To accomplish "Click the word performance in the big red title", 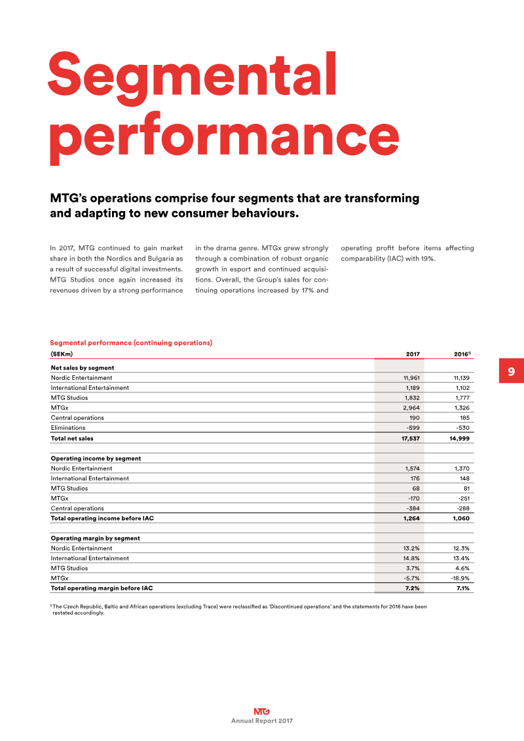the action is tap(224, 137).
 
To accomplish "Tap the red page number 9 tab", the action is tap(512, 371).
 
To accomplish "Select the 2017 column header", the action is tap(413, 354).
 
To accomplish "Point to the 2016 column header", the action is tap(462, 354).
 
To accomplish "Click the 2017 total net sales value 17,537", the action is tap(411, 438).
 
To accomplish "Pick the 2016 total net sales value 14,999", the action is tap(460, 438).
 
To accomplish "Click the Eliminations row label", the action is tap(68, 428).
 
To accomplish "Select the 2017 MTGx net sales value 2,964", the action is tap(411, 408).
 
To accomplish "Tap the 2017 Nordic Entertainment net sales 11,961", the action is tap(411, 378).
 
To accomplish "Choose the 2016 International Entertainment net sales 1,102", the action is tap(462, 388).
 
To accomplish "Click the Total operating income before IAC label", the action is tap(102, 518).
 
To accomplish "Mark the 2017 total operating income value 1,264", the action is tap(411, 518).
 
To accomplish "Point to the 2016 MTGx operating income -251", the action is tap(464, 499).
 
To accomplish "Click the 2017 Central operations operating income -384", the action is tap(413, 508).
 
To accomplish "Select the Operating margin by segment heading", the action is tap(96, 539).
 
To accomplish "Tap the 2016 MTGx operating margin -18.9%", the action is tap(460, 579).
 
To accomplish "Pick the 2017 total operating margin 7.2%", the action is tap(413, 588).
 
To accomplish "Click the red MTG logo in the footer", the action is tap(262, 712).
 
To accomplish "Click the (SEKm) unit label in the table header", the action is tap(62, 354).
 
